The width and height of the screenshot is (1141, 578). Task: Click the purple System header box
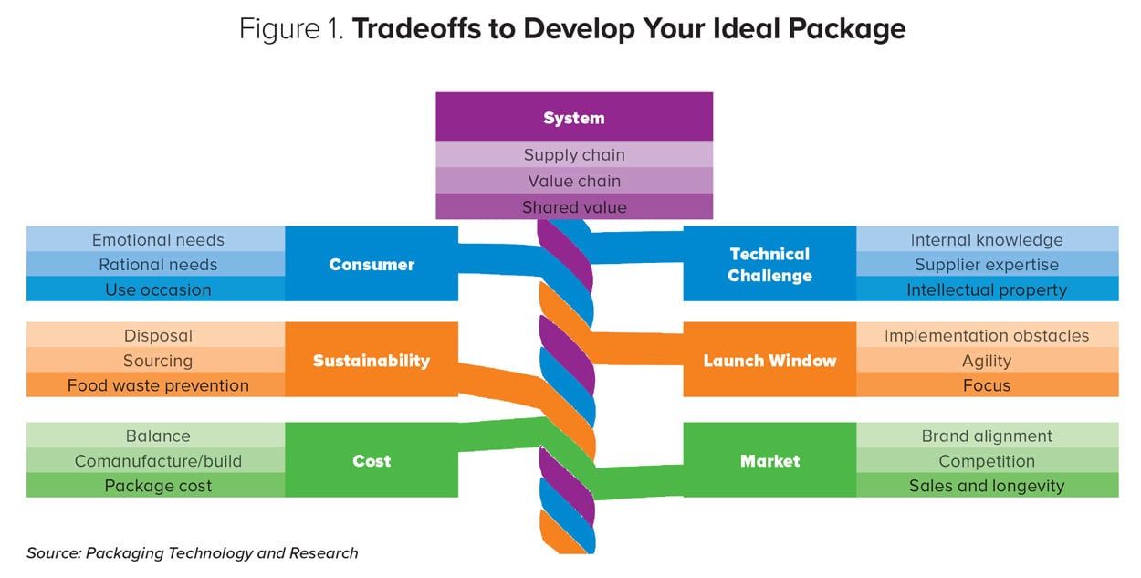click(573, 118)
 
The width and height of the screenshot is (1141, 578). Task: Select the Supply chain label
click(573, 155)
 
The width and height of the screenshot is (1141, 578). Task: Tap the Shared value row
click(573, 207)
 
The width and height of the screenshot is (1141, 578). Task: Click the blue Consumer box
click(372, 265)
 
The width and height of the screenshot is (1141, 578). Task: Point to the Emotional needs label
click(157, 240)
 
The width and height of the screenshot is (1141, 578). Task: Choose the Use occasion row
click(157, 289)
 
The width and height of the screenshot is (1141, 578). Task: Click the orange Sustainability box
click(372, 360)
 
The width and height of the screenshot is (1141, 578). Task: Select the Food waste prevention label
click(157, 385)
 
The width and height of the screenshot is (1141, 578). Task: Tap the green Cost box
click(372, 460)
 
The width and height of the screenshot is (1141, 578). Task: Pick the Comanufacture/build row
click(157, 461)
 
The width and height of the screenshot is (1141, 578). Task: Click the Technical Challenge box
click(769, 265)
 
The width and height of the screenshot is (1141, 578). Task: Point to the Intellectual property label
click(986, 289)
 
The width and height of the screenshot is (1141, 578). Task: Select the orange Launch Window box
click(769, 360)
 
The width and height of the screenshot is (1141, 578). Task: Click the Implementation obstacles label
click(986, 335)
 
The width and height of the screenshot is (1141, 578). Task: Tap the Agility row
click(986, 361)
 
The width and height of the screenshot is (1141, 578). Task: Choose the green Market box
click(769, 460)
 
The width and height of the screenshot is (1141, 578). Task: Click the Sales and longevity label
click(986, 486)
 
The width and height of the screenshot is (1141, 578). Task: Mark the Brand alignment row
click(986, 436)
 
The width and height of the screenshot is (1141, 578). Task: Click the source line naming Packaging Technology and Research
click(193, 552)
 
